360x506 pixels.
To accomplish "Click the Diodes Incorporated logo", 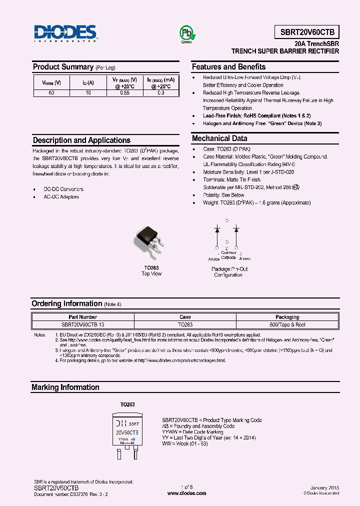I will coord(65,33).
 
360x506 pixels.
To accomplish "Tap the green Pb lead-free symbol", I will coord(186,33).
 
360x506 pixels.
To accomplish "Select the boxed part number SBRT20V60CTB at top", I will coord(306,33).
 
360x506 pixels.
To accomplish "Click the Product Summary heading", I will coord(63,67).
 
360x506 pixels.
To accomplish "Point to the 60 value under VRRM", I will coord(51,93).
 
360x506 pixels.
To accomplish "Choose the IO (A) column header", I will coord(88,82).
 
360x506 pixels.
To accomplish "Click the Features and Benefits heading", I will coord(228,67).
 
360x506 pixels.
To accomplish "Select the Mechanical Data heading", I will coord(219,138).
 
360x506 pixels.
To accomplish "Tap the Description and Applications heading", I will coord(81,140).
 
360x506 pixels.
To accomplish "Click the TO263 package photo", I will coord(149,241).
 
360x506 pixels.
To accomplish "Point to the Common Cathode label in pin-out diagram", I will coord(228,255).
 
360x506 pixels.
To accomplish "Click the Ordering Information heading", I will coord(67,304).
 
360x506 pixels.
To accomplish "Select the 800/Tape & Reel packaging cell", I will coord(287,324).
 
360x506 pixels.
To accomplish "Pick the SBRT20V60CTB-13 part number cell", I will coord(83,324).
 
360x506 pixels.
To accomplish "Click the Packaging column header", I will coord(287,317).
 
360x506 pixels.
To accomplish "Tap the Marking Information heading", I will coord(65,387).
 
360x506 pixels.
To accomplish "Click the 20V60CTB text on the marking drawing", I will coord(127,432).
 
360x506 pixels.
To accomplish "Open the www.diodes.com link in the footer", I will coord(186,493).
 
